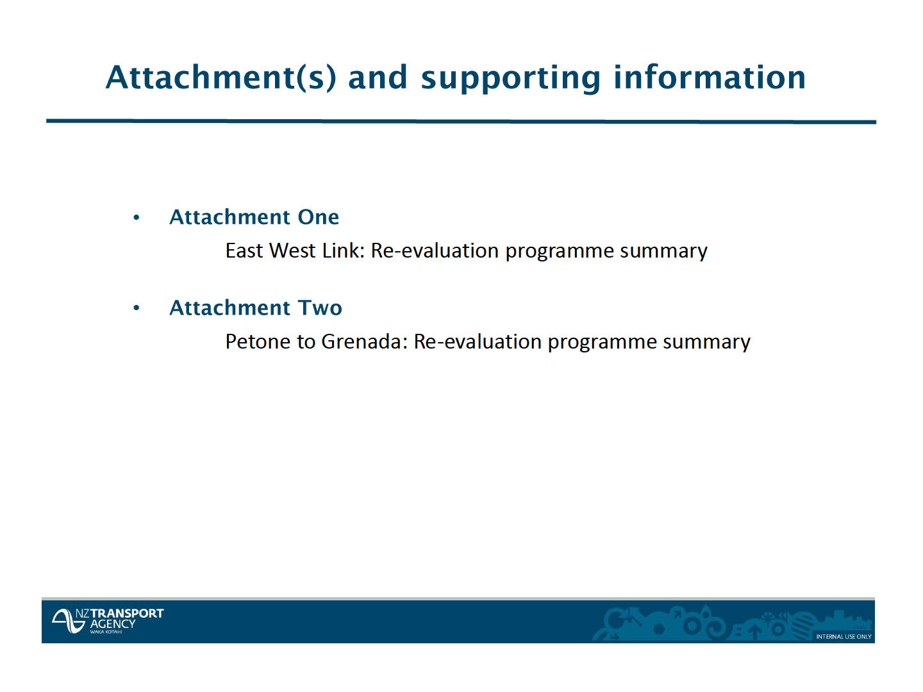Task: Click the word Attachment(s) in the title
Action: [x=220, y=78]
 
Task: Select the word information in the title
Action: [x=710, y=77]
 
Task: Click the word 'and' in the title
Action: [x=378, y=78]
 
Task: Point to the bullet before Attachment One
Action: [x=137, y=218]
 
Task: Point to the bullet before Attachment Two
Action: [x=137, y=308]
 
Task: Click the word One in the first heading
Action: [x=319, y=217]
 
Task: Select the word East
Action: [x=244, y=251]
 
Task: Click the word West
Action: [x=292, y=251]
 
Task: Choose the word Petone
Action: [x=258, y=342]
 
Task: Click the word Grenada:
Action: [x=364, y=342]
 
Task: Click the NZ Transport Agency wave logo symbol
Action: [x=67, y=621]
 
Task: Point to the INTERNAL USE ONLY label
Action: [x=844, y=636]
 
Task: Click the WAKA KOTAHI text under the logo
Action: [x=106, y=632]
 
